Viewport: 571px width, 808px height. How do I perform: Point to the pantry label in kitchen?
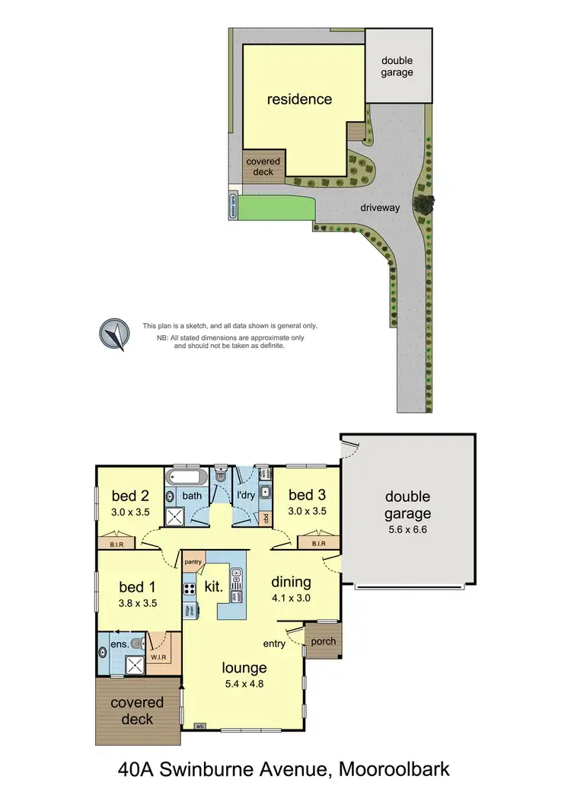(193, 560)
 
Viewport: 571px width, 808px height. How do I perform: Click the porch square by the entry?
(324, 640)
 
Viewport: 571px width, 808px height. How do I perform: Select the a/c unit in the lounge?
(201, 726)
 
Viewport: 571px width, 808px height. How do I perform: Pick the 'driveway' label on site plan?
(381, 206)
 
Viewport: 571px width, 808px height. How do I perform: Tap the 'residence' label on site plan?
(299, 99)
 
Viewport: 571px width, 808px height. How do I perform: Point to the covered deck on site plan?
(263, 166)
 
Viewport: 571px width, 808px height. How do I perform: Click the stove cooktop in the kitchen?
(190, 589)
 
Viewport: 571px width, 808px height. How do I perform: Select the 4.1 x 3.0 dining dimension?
(292, 598)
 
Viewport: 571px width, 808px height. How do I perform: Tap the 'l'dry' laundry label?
(245, 496)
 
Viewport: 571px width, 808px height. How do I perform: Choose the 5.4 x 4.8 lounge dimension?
(244, 684)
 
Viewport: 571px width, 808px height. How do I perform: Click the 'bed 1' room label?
(138, 587)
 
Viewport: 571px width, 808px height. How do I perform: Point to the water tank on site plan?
(233, 206)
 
